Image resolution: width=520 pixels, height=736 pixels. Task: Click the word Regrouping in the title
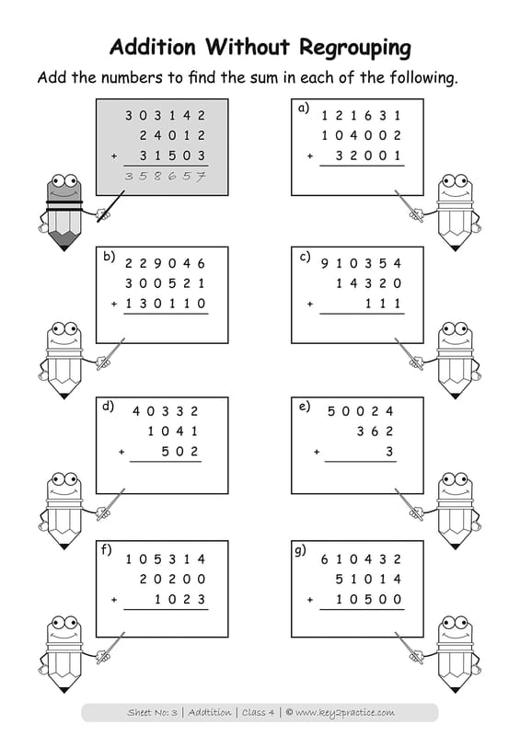[x=355, y=49]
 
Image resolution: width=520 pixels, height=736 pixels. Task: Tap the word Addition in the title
[x=153, y=47]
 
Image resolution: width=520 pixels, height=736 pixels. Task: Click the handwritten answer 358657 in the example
[x=166, y=177]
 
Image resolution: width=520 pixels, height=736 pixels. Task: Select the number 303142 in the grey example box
[x=166, y=116]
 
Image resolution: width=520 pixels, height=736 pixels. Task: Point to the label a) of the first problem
[x=304, y=109]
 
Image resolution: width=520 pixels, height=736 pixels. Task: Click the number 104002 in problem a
[x=361, y=135]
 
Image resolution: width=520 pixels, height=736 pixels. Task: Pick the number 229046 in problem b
[x=166, y=263]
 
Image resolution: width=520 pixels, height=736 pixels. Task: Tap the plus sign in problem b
[x=114, y=305]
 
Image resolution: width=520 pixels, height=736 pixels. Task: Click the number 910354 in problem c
[x=361, y=263]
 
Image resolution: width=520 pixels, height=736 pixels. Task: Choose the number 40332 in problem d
[x=166, y=411]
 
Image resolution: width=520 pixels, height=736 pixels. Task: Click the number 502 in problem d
[x=179, y=452]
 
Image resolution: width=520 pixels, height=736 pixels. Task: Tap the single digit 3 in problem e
[x=389, y=452]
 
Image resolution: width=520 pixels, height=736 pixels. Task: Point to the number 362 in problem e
[x=375, y=431]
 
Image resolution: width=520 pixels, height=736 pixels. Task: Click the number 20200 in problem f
[x=173, y=580]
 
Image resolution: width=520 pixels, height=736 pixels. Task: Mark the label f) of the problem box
[x=107, y=549]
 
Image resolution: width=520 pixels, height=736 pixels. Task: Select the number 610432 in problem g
[x=361, y=559]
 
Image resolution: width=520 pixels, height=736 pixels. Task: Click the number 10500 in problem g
[x=369, y=600]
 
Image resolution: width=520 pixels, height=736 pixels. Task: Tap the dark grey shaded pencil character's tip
[x=64, y=249]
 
